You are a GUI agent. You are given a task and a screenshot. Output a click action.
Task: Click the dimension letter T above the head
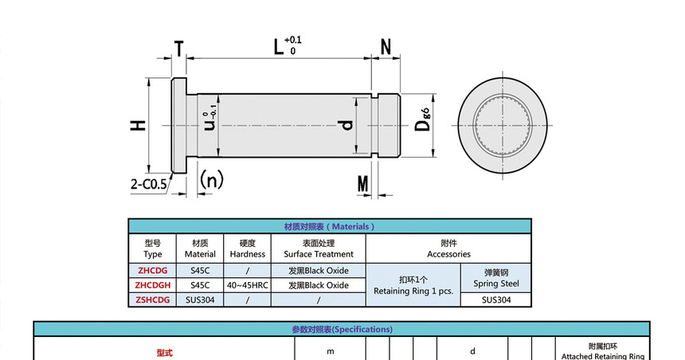179,48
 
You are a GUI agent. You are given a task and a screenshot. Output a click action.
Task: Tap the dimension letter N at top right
386,47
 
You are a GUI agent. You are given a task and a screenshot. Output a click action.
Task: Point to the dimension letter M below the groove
363,185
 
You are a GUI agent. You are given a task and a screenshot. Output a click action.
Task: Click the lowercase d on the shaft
345,126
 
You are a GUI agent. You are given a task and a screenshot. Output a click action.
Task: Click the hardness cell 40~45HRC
247,284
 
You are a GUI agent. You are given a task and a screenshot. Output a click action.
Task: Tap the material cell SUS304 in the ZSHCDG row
200,299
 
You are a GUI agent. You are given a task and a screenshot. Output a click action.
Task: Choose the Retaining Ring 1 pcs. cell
413,285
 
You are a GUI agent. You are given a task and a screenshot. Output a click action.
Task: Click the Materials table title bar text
329,226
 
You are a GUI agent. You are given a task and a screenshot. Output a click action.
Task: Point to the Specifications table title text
342,329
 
